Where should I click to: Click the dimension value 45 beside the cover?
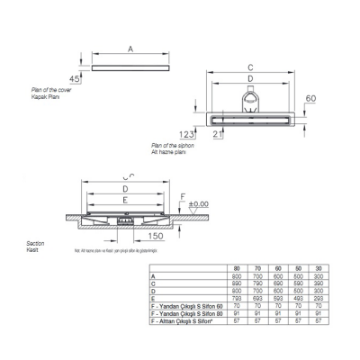click(x=76, y=79)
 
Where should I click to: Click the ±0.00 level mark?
click(x=199, y=204)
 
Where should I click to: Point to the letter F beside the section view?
click(x=184, y=194)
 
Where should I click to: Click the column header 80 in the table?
click(x=236, y=268)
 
